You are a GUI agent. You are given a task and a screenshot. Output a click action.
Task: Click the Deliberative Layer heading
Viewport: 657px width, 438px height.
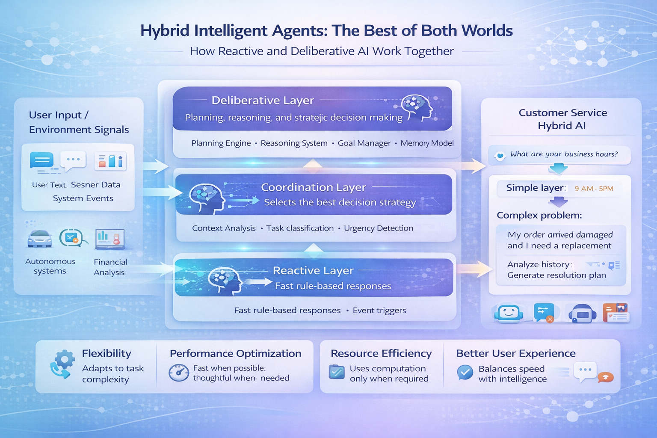(x=263, y=101)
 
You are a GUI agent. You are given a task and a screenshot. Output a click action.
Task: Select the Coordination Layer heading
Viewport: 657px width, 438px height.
(x=313, y=187)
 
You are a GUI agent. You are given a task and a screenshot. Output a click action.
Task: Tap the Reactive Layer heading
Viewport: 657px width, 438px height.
(x=313, y=271)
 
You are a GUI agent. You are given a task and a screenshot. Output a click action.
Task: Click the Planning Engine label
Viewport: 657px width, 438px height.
(x=221, y=143)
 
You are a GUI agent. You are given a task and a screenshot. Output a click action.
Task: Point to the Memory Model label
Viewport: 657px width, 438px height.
(x=427, y=143)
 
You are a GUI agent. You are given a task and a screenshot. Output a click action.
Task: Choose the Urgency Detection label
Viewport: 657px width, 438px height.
(x=378, y=228)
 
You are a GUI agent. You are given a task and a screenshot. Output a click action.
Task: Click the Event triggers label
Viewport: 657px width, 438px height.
(x=379, y=311)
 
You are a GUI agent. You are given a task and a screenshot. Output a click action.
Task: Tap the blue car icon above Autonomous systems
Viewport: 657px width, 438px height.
(x=39, y=239)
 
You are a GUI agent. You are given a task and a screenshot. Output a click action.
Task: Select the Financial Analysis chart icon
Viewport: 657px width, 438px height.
(x=110, y=239)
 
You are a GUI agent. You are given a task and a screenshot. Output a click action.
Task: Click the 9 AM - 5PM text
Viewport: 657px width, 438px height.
(x=594, y=189)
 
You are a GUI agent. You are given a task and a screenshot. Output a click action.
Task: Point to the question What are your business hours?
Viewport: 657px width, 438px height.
(x=564, y=154)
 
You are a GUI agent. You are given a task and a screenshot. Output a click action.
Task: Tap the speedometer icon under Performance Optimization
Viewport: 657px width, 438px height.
(x=178, y=373)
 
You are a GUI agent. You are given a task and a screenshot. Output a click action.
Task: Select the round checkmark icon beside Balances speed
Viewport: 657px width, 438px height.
(x=465, y=373)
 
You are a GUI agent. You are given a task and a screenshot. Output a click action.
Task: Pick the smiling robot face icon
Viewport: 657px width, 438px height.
(x=508, y=313)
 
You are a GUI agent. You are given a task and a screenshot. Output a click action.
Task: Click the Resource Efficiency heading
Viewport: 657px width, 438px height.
(x=381, y=353)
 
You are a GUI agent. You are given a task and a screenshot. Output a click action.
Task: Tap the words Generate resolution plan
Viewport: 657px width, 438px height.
(x=556, y=275)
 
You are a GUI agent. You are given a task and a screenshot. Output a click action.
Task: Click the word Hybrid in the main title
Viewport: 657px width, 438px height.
(x=165, y=31)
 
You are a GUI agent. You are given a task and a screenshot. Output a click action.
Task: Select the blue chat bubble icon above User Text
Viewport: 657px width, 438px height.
(x=42, y=161)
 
